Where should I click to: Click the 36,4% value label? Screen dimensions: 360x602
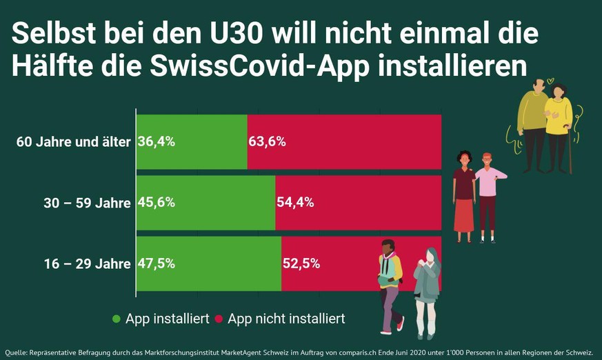click(x=157, y=142)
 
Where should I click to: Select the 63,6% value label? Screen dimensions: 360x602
click(x=268, y=142)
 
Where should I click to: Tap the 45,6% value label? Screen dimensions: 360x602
click(x=157, y=203)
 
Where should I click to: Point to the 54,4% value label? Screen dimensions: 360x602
click(x=295, y=203)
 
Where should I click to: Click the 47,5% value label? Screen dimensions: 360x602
click(x=157, y=263)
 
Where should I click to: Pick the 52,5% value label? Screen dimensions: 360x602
click(x=301, y=263)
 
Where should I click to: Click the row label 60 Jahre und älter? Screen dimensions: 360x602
click(x=74, y=143)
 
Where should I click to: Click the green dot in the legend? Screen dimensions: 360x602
click(x=116, y=319)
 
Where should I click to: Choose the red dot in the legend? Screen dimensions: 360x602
click(x=219, y=319)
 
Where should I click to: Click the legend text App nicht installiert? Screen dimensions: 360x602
click(x=286, y=319)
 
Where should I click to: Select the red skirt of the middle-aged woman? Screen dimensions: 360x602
click(x=463, y=214)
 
